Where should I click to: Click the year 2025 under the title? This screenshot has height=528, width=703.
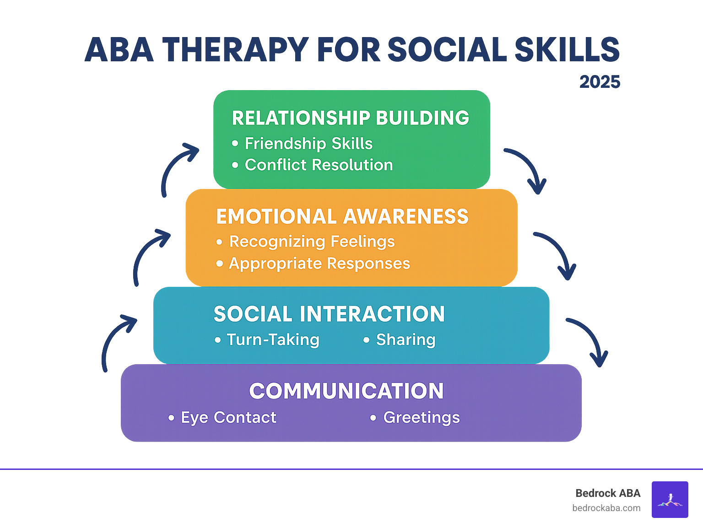point(600,82)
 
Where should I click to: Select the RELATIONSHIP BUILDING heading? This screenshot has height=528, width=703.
point(351,118)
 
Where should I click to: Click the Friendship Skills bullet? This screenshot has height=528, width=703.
point(308,144)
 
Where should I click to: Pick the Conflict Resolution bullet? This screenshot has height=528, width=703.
point(319,165)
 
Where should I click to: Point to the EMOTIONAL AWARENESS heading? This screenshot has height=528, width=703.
point(342,217)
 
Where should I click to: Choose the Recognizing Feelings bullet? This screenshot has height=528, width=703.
point(312,242)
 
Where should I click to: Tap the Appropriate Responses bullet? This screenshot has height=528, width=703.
point(319,264)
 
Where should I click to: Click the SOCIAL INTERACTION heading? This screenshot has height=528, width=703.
point(329,314)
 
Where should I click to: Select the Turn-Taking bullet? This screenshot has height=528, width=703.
point(273,339)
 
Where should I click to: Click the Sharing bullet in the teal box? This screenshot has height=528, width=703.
point(406,339)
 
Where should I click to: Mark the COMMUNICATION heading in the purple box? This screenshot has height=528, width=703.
point(346,391)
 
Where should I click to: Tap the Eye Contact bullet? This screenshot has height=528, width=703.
point(228,417)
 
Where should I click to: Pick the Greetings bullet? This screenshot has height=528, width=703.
point(422,417)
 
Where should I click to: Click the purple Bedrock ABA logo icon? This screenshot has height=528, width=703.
point(670,500)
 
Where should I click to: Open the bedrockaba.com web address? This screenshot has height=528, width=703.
point(606,508)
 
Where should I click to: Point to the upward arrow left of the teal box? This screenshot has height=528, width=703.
point(116,340)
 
